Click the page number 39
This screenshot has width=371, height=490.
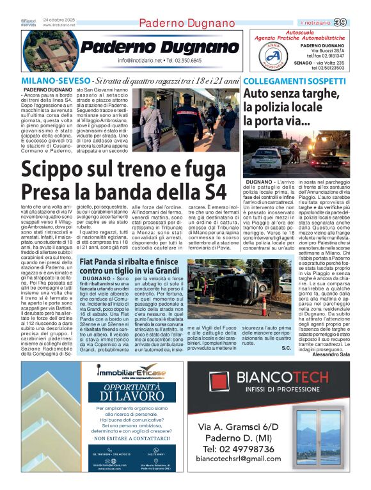pyautogui.click(x=358, y=23)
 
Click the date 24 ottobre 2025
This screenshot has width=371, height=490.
pyautogui.click(x=59, y=20)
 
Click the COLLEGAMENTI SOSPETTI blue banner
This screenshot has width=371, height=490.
pyautogui.click(x=286, y=82)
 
